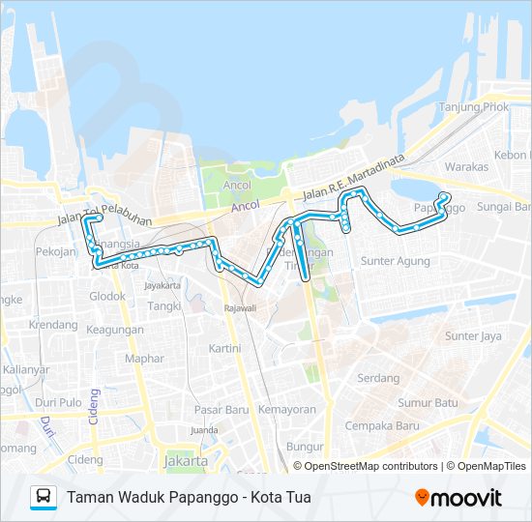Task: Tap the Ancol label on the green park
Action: coord(237,185)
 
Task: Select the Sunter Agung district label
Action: coord(395,261)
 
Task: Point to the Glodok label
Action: coord(107,297)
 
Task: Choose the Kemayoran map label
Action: coord(287,409)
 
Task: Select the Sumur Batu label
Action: coord(428,402)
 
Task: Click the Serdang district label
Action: coord(378,378)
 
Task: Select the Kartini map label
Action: coord(224,348)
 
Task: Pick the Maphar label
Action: coord(144,359)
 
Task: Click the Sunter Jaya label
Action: coord(473,336)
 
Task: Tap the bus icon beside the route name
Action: coord(44,497)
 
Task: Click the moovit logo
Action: coord(458,498)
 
